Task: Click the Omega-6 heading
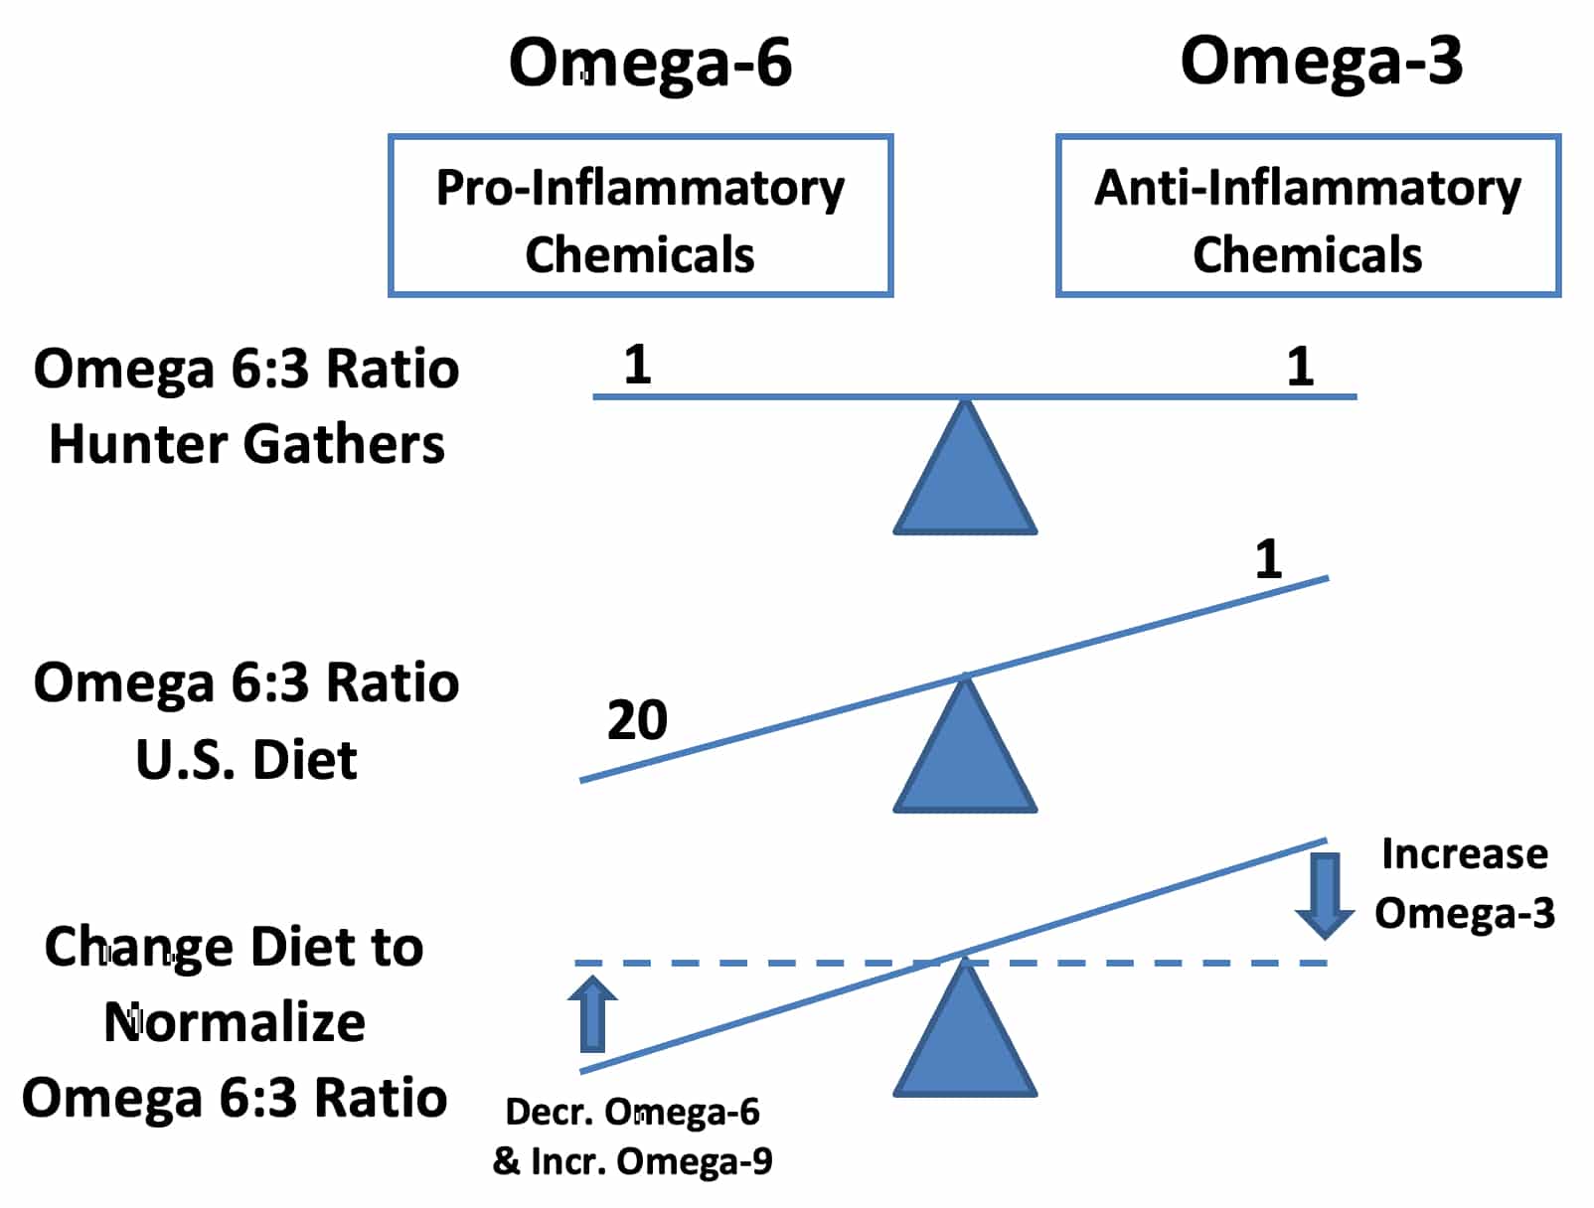[x=650, y=64]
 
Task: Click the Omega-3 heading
[x=1322, y=62]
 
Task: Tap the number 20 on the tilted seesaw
[x=637, y=720]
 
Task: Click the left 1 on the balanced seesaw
[x=637, y=365]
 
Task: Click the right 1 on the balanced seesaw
[x=1300, y=367]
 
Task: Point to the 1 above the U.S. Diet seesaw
[x=1269, y=559]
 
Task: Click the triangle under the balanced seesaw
[x=964, y=468]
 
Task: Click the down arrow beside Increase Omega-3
[x=1325, y=896]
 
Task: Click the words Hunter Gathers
[x=246, y=443]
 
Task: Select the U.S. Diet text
[x=246, y=759]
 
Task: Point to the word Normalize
[x=234, y=1023]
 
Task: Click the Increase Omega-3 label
[x=1464, y=883]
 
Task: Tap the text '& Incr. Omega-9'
[x=632, y=1160]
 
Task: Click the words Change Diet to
[x=234, y=948]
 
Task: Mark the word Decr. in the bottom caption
[x=550, y=1113]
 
